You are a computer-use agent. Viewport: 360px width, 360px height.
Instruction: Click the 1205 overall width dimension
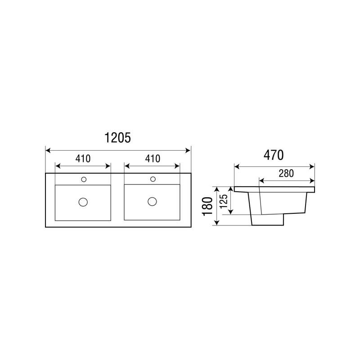click(x=117, y=138)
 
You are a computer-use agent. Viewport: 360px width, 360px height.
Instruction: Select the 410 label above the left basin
click(x=83, y=159)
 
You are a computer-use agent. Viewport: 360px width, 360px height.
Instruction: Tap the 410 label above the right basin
click(x=153, y=159)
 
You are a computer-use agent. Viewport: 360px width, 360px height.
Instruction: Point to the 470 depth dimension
click(x=274, y=155)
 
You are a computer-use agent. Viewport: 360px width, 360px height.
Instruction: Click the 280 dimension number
click(x=286, y=173)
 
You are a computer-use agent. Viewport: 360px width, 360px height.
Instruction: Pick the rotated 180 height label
click(x=207, y=206)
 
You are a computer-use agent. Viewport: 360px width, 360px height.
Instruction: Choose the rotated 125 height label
click(x=224, y=201)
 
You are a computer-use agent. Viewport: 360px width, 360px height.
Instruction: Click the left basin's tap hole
click(x=84, y=179)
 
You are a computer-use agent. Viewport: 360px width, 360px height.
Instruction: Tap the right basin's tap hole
click(x=153, y=179)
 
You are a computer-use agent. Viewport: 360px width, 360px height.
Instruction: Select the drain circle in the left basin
click(x=83, y=202)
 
